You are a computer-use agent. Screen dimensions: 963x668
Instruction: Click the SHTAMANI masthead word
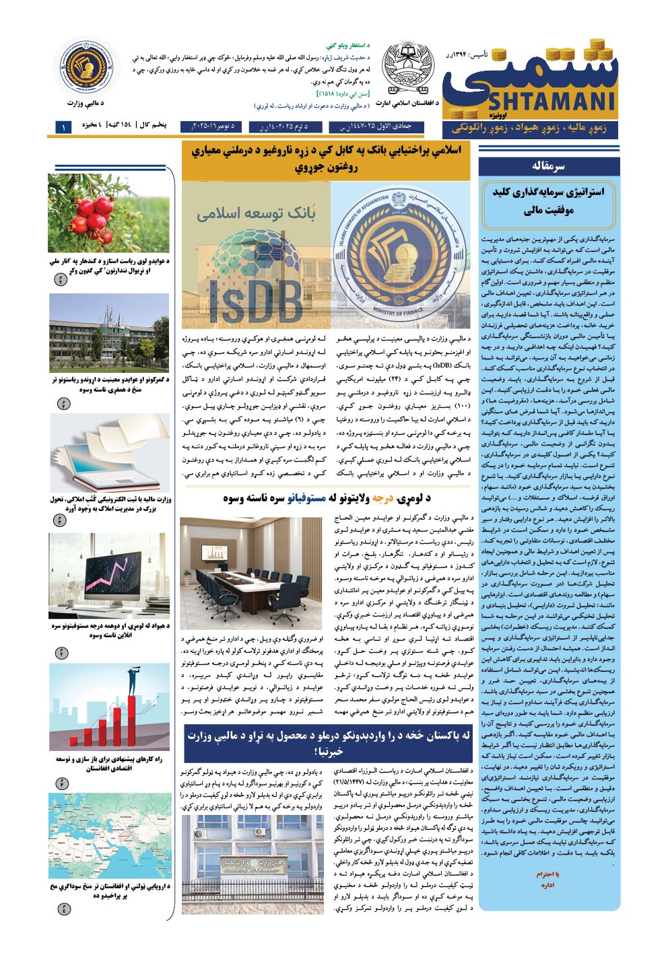coord(552,102)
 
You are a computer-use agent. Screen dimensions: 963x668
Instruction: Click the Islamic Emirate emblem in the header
coord(408,68)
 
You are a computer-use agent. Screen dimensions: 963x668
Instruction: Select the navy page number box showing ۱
coord(63,127)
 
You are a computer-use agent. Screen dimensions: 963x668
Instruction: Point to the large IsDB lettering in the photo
coord(256,300)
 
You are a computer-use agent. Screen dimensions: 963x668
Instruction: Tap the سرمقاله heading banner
coord(548,166)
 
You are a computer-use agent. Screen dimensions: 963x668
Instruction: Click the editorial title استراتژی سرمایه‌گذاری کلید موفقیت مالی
coord(548,201)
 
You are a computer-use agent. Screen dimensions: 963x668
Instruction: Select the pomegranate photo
coord(108,213)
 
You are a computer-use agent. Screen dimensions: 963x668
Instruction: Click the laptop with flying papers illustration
coord(108,453)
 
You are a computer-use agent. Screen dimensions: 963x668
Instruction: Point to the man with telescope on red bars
coord(108,707)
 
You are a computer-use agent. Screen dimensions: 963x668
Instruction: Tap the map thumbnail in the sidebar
coord(108,835)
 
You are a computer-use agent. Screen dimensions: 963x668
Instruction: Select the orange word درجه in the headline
coord(382,499)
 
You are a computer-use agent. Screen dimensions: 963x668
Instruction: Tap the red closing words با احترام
coord(547,874)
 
